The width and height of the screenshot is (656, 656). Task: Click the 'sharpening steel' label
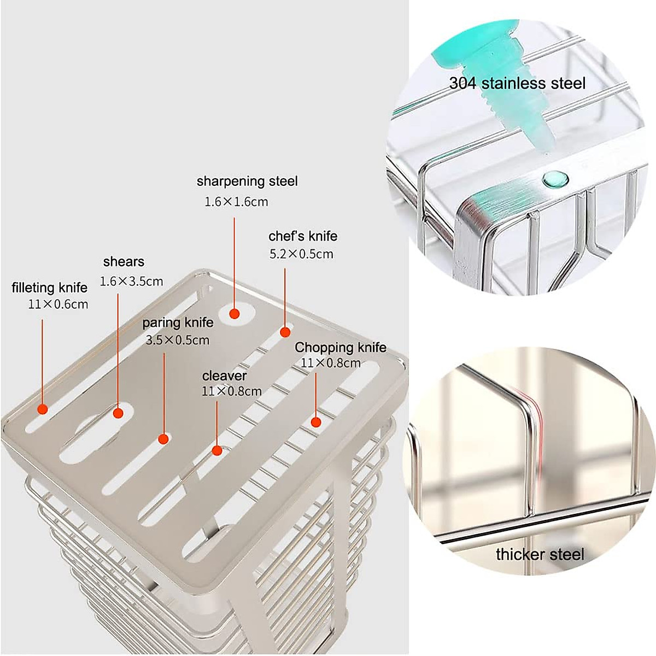point(247,181)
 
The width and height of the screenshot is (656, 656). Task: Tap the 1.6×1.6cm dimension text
point(236,202)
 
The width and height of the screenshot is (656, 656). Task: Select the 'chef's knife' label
point(303,236)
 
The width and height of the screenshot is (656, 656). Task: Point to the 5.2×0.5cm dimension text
point(301,254)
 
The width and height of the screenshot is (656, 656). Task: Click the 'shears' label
point(124,262)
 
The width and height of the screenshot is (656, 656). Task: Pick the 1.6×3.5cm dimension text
point(131,282)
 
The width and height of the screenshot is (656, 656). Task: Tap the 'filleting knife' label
point(49,288)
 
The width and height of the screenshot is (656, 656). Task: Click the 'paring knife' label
point(178,323)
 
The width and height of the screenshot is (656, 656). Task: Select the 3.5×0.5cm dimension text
point(177,340)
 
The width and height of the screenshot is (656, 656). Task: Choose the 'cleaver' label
point(224,376)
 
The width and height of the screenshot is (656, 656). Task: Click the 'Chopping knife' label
point(341,348)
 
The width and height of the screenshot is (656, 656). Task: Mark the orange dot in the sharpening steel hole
point(235,314)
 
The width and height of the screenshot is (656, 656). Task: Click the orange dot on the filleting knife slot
point(42,409)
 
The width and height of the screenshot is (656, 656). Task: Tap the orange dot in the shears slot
point(118,413)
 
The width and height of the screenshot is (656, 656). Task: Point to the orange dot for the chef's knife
point(285,332)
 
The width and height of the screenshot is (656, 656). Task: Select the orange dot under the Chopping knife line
point(315,422)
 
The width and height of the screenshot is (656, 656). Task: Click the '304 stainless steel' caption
point(517,84)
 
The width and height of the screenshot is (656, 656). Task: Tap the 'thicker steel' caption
point(540,554)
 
